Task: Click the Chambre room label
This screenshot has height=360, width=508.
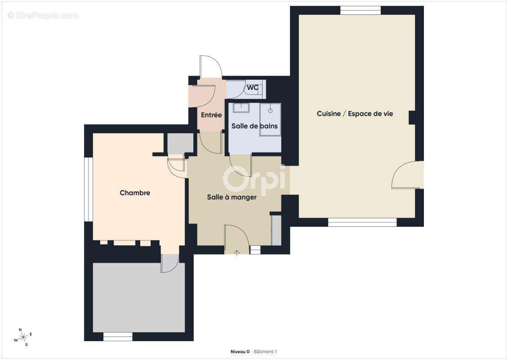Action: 135,193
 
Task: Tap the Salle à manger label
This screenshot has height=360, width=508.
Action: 232,197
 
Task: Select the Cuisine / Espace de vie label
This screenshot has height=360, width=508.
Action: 355,114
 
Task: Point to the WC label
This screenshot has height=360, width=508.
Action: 253,88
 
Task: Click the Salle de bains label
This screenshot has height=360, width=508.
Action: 254,126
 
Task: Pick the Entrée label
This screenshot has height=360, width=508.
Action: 211,115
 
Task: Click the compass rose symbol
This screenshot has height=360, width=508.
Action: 23,337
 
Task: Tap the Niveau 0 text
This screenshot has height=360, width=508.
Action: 240,351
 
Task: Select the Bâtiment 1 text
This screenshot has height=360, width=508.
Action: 265,351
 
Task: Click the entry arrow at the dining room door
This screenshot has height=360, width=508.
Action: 237,253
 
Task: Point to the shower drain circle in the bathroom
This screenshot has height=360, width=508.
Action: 270,111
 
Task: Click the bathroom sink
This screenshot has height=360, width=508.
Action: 241,108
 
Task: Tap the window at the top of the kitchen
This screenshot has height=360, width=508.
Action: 360,10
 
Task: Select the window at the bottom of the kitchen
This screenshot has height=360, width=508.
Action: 362,222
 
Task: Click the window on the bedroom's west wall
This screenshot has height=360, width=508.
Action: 89,189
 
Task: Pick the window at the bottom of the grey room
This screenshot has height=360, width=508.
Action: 118,337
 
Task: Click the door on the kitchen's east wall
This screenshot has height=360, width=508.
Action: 407,175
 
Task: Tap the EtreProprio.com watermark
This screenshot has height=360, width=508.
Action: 43,16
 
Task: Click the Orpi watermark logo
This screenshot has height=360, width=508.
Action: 254,180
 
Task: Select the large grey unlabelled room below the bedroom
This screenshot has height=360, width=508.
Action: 138,297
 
